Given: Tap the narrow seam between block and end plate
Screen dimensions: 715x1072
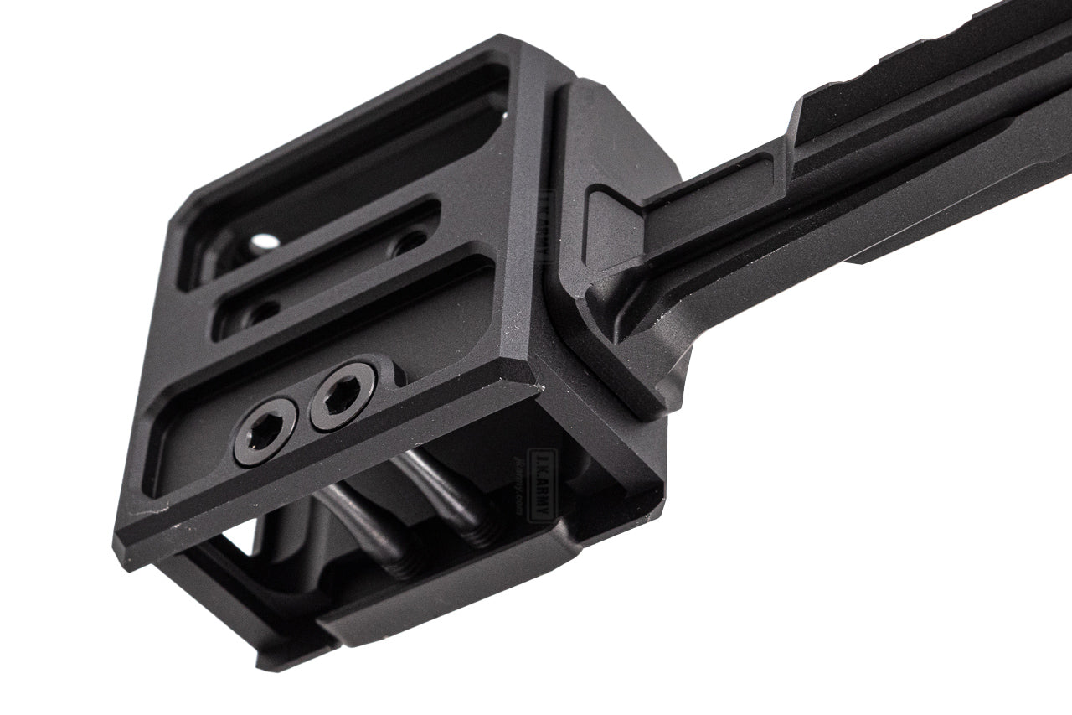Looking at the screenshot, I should (553, 251).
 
